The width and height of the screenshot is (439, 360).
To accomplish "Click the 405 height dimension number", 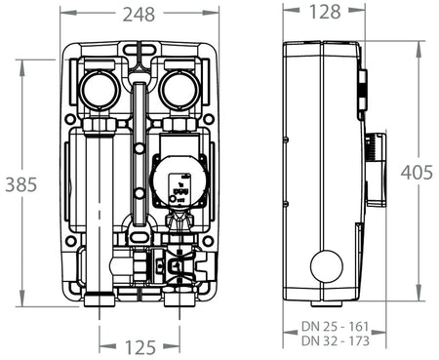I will pyautogui.click(x=418, y=172).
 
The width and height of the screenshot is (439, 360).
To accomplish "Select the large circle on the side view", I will pyautogui.click(x=326, y=266).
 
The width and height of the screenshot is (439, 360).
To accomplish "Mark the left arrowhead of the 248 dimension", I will pyautogui.click(x=62, y=14).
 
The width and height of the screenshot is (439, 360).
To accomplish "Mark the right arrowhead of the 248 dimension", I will pyautogui.click(x=214, y=14).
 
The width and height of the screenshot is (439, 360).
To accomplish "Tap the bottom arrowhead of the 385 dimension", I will pyautogui.click(x=22, y=304).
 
